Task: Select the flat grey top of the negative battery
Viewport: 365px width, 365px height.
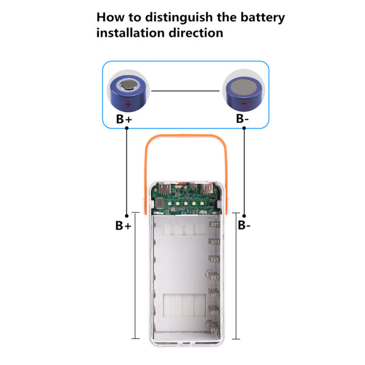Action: pos(243,87)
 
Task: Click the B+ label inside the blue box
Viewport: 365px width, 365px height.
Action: pos(124,120)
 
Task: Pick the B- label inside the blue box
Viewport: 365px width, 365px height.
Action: pos(243,120)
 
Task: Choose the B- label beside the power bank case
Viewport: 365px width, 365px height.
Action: pos(244,225)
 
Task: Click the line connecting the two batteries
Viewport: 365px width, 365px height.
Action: pos(187,92)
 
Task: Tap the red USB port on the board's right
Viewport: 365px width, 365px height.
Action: pos(208,189)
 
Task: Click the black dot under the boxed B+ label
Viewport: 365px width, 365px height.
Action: pos(126,129)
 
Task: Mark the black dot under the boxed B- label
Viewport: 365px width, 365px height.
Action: pos(244,129)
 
